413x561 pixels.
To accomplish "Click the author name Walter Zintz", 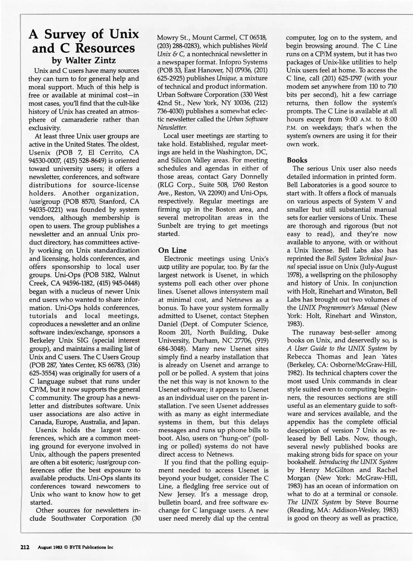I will pos(90,61).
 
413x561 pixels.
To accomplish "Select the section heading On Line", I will pos(172,250).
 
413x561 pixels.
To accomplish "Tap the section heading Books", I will pos(297,160).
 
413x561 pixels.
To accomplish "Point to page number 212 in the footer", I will pos(25,547).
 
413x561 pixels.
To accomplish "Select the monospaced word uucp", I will pos(164,267).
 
